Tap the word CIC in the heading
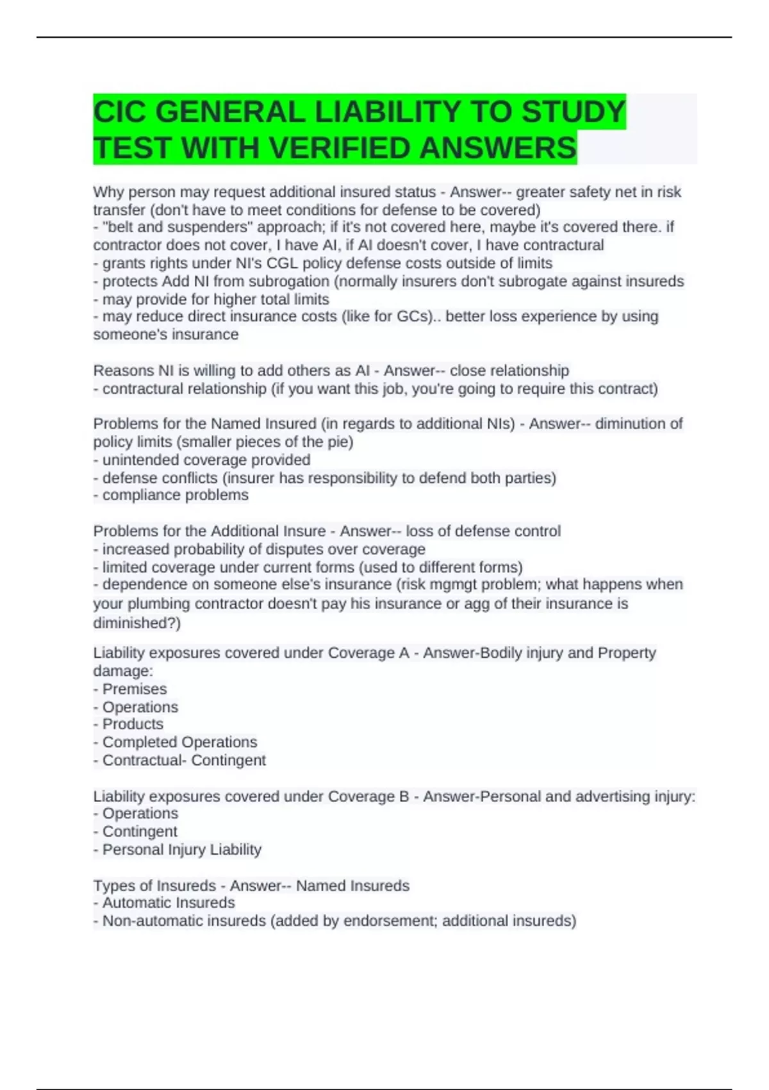120,112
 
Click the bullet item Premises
134,689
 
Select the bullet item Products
132,724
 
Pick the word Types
113,886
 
